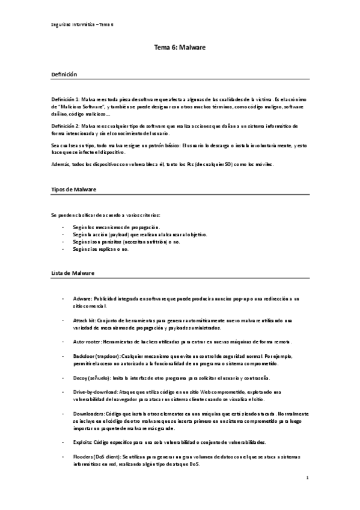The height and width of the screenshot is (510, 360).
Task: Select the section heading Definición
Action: pyautogui.click(x=64, y=73)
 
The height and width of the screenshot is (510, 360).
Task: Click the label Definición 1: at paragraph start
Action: pyautogui.click(x=65, y=98)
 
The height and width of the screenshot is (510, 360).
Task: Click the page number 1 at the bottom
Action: pyautogui.click(x=307, y=479)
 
